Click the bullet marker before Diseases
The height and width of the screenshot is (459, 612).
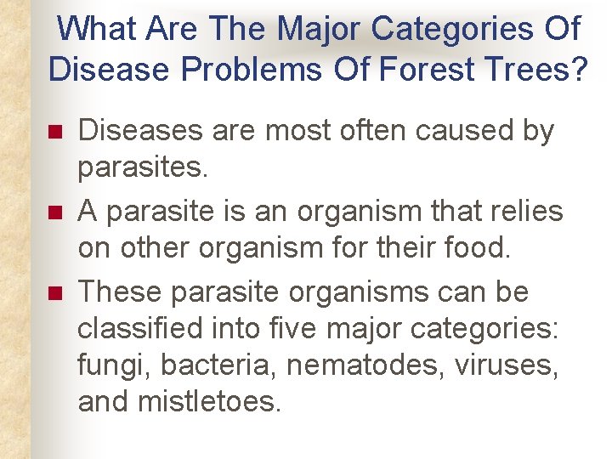click(x=55, y=133)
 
